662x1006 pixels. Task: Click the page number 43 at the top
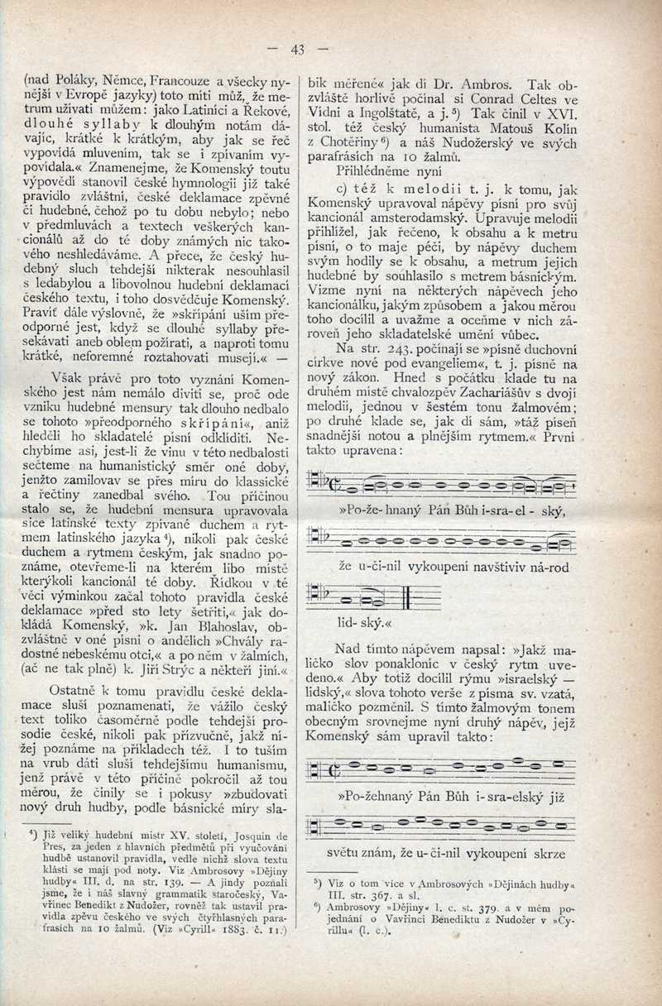tap(297, 49)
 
